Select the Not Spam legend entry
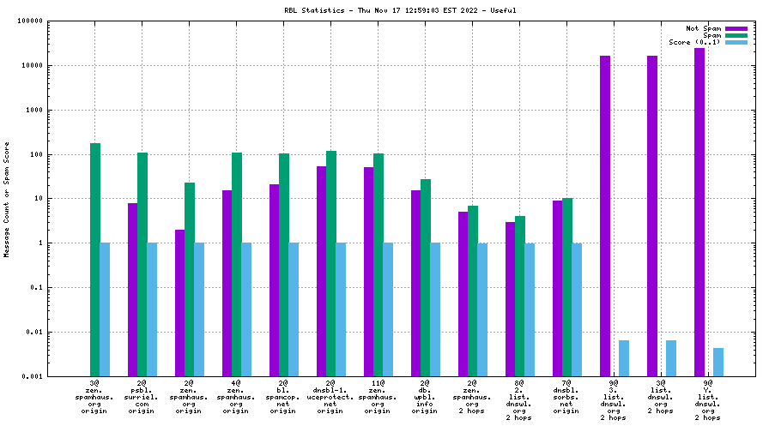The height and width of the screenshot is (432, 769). (x=704, y=28)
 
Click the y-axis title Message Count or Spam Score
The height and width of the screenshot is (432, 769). (x=7, y=199)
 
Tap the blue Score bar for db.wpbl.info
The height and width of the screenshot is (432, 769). (x=435, y=309)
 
